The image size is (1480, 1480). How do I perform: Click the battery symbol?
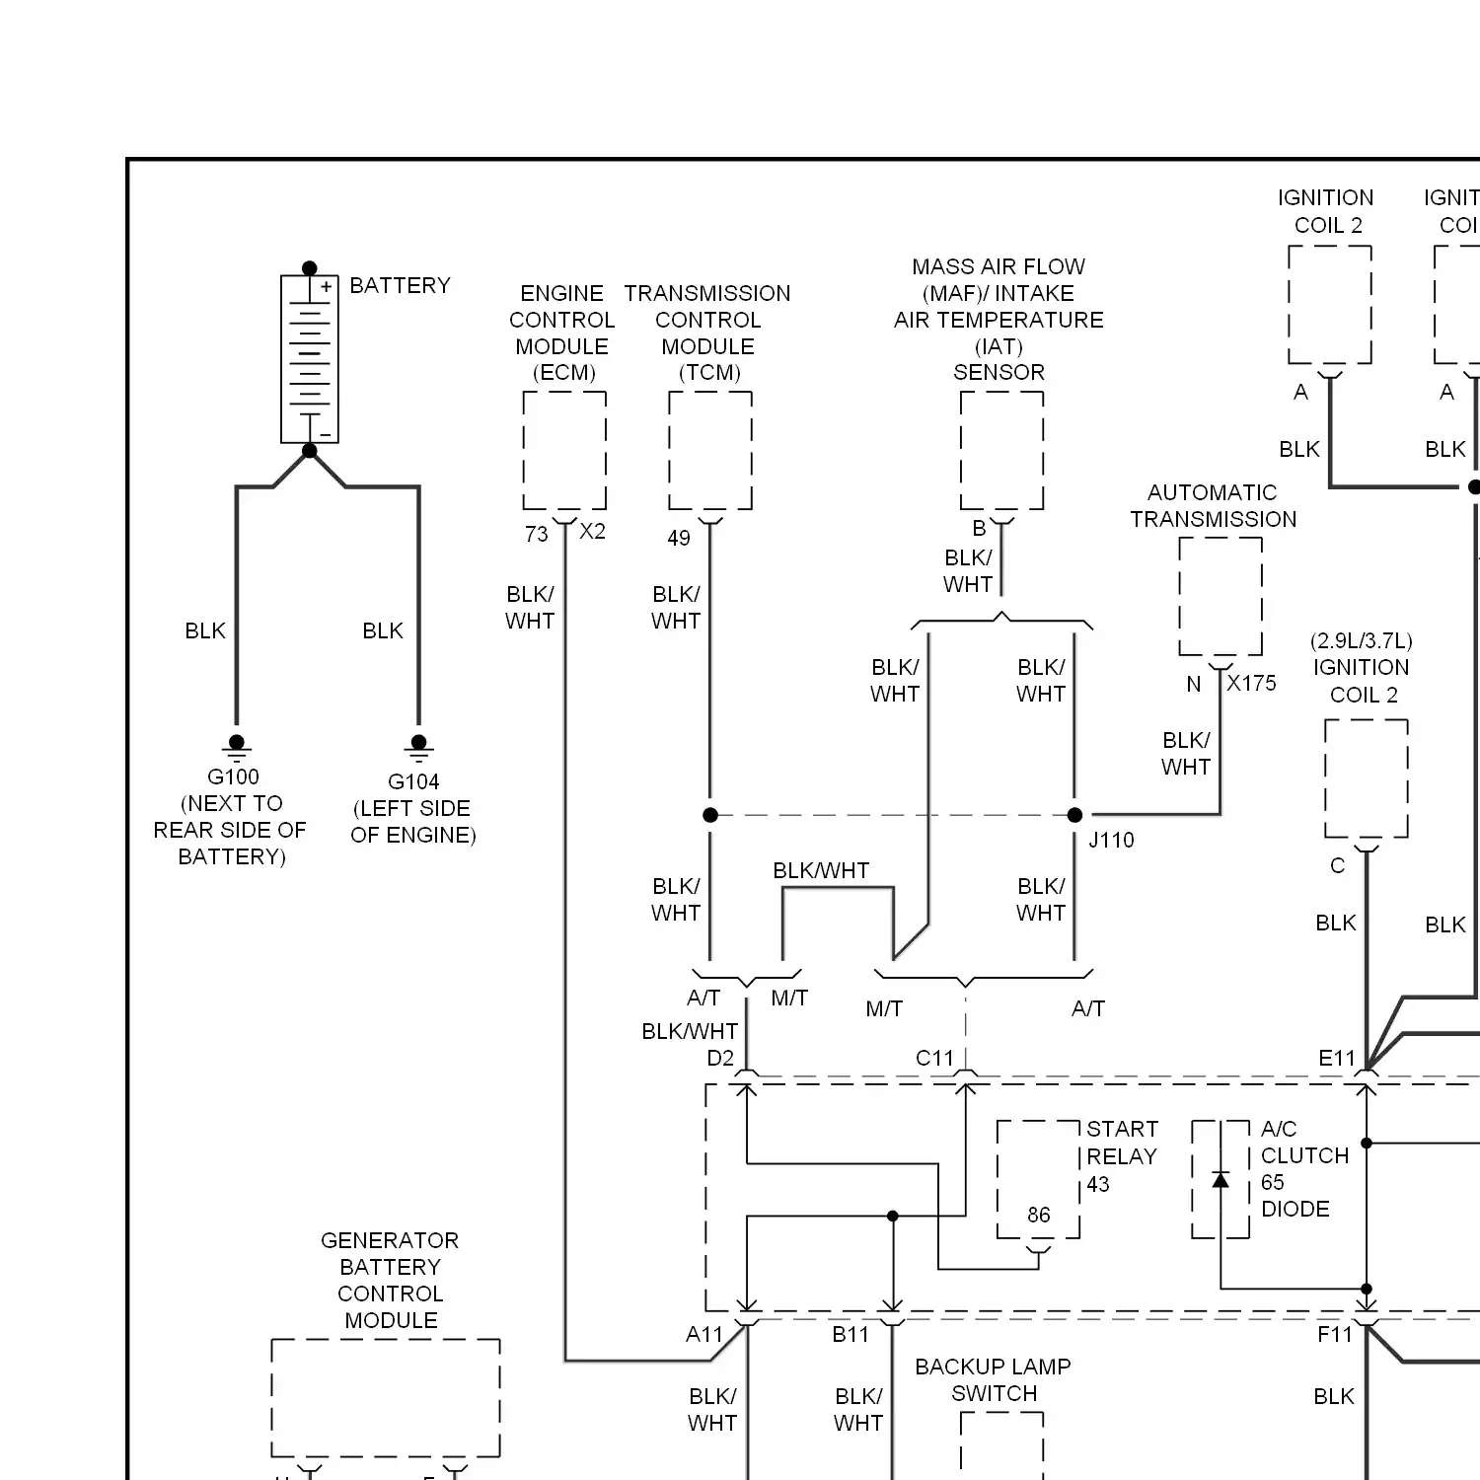(x=310, y=359)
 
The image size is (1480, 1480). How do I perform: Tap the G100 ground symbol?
(x=236, y=745)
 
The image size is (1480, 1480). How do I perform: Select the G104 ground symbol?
(x=418, y=745)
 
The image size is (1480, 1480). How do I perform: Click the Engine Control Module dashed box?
(x=564, y=450)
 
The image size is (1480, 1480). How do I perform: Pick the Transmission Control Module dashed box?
(x=710, y=450)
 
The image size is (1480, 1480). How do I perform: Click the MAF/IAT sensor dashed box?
(x=1001, y=450)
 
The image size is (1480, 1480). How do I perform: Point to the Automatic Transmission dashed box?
(x=1221, y=596)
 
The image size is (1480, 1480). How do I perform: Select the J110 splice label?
(x=1111, y=841)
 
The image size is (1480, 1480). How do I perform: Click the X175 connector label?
(x=1251, y=683)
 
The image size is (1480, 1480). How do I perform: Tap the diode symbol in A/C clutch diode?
(x=1221, y=1180)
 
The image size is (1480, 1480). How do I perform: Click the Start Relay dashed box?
(x=1038, y=1179)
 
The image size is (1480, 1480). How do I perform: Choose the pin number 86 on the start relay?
(x=1038, y=1216)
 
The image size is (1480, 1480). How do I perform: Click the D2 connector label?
(x=720, y=1059)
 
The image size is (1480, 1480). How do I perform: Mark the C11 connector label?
(x=934, y=1059)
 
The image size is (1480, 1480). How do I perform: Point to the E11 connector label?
(x=1337, y=1059)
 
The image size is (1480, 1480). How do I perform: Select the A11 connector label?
(x=704, y=1335)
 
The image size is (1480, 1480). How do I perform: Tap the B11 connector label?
(x=851, y=1335)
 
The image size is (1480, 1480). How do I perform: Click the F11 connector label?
(x=1335, y=1335)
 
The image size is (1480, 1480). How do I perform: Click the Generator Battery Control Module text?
(x=391, y=1280)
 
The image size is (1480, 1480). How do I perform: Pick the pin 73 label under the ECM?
(x=536, y=535)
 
